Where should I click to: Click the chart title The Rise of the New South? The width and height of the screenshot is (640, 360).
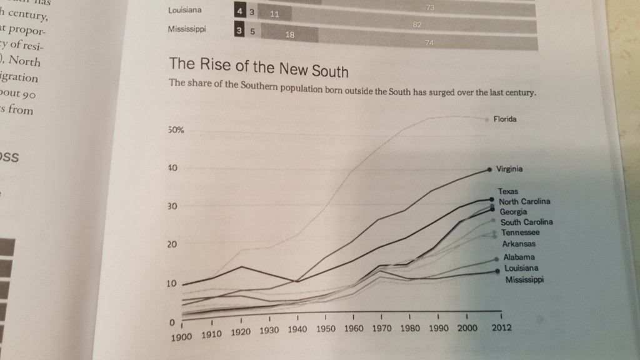258,67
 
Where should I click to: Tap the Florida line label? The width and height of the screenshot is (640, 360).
504,119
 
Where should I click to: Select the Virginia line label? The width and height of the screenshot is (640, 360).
509,169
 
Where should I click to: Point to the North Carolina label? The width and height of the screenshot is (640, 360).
524,201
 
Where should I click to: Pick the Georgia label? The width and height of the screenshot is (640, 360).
514,211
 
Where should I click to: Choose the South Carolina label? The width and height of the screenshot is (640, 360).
526,222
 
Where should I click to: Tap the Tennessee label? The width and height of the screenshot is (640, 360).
519,232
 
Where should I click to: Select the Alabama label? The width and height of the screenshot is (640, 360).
519,257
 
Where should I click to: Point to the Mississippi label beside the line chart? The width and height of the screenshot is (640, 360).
524,279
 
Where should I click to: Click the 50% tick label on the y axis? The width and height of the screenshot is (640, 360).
175,130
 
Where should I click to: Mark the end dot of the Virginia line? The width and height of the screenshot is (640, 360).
489,169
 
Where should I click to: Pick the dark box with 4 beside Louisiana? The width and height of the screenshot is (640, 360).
239,11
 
